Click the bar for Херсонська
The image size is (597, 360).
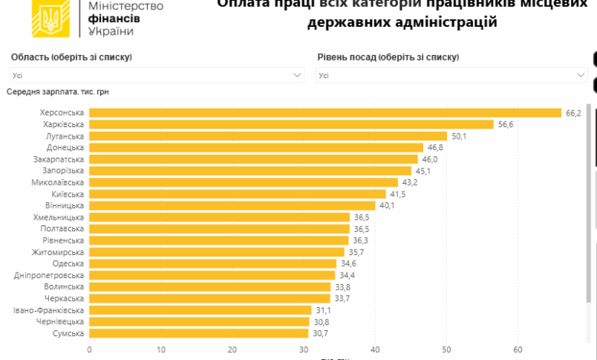coord(325,113)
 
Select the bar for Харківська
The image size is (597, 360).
coord(292,124)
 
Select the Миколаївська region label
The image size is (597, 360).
coord(58,182)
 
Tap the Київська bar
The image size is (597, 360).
coord(237,194)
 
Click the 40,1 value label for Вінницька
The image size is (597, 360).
coord(387,205)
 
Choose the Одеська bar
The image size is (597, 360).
coord(213,263)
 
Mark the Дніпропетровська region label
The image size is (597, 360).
coord(49,275)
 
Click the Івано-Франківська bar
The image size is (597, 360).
coord(201,310)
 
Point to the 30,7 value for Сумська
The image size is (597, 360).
coord(320,333)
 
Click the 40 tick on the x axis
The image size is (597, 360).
coord(375,349)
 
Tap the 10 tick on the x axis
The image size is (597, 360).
coord(161,349)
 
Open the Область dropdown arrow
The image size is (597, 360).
coord(298,75)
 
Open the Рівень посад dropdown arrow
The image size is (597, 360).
coord(581,75)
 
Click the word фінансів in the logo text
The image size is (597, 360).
coord(114,18)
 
